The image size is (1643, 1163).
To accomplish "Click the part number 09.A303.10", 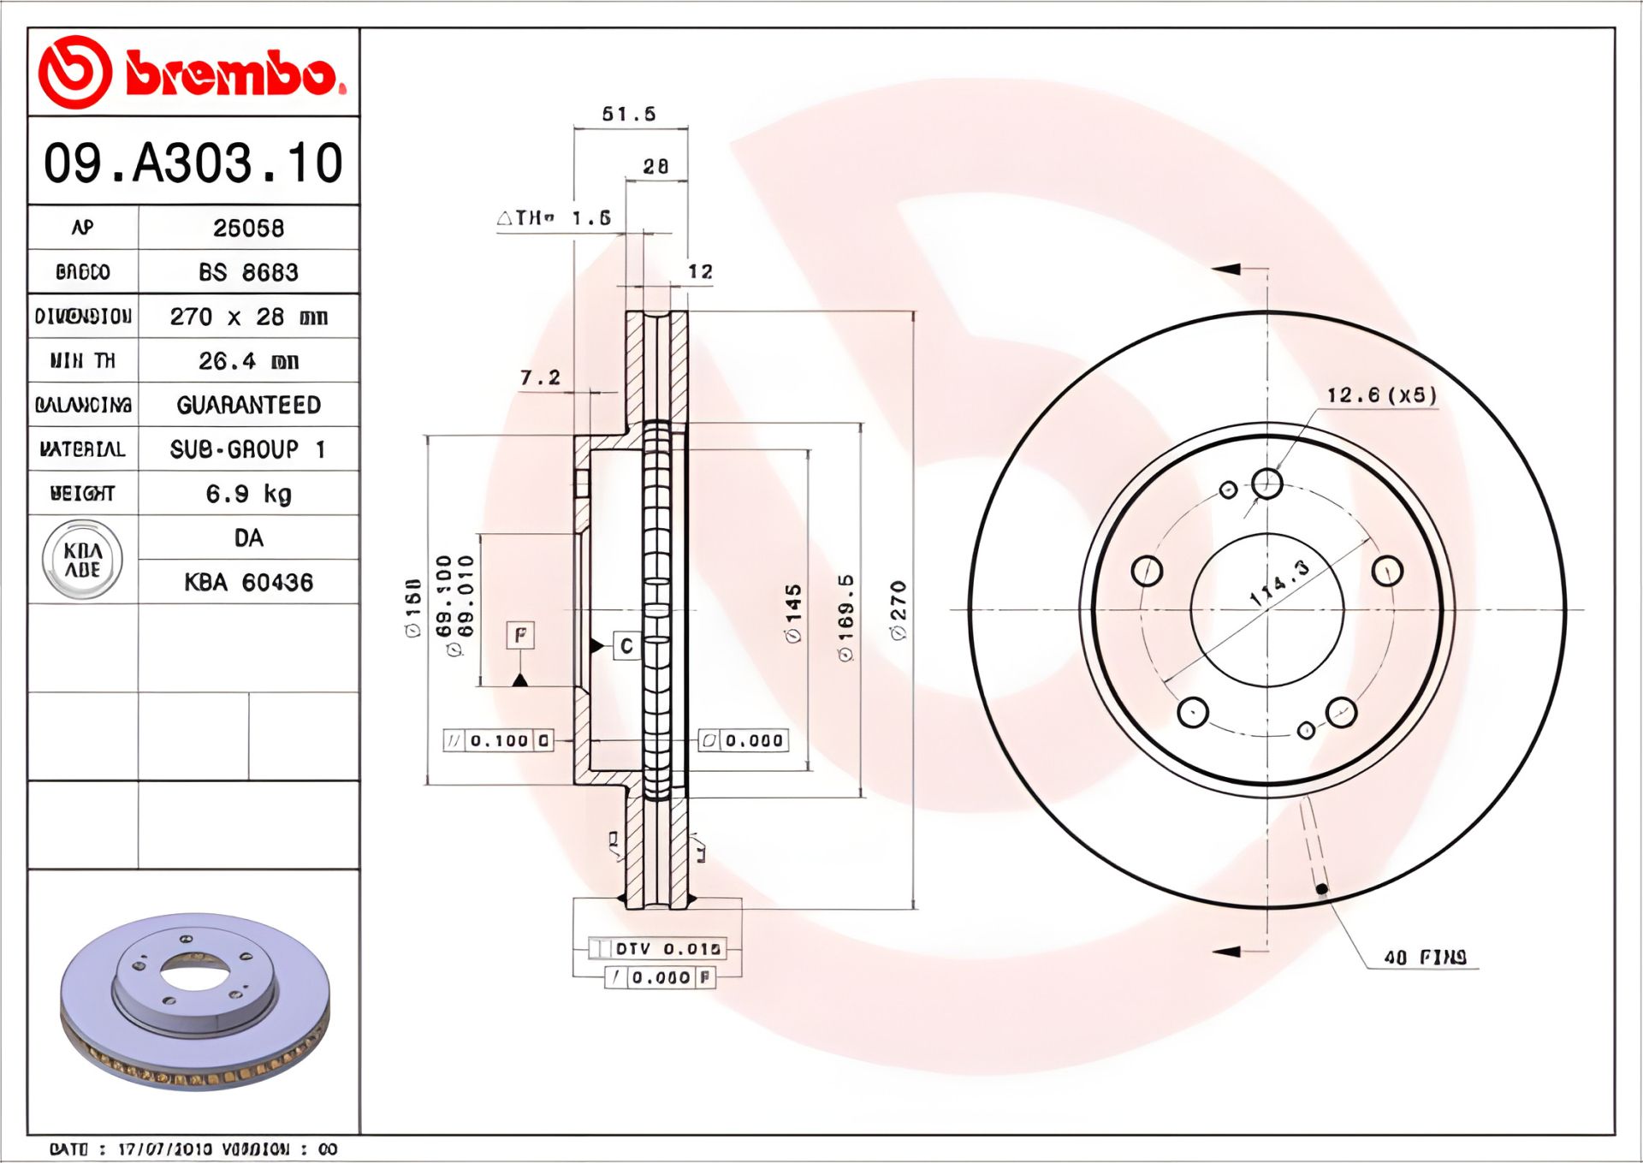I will click(193, 163).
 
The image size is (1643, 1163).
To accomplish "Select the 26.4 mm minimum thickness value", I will click(248, 361).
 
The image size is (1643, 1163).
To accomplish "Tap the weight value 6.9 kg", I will click(248, 494).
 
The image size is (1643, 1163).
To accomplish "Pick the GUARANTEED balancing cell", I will click(248, 405).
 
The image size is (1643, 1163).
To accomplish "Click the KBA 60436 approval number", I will click(248, 583).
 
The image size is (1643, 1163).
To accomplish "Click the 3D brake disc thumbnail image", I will click(194, 1001).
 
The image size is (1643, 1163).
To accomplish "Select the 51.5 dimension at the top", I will click(628, 114).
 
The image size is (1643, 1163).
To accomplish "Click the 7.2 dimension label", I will click(540, 377).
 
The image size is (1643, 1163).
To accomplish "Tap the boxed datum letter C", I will click(626, 645).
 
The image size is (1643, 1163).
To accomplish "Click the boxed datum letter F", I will click(520, 635).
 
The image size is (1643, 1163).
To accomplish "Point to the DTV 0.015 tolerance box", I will click(657, 948).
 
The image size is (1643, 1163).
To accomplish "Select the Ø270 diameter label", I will click(898, 610).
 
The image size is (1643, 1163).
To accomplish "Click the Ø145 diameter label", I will click(793, 613).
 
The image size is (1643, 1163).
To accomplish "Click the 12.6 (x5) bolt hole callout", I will click(1381, 395).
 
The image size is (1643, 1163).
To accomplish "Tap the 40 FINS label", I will click(1425, 957).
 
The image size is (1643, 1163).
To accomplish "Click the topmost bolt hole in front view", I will click(1266, 484).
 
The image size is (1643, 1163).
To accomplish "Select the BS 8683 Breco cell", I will click(248, 272).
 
